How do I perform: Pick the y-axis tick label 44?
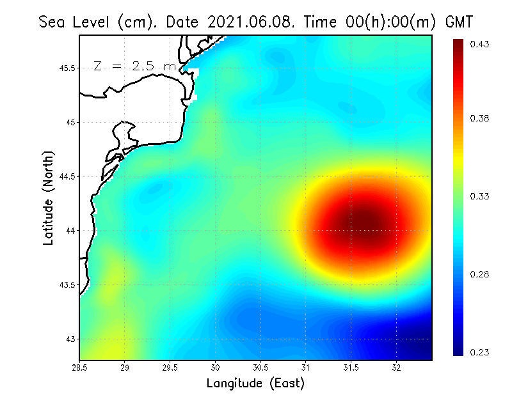(70, 230)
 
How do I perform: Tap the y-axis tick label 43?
(70, 339)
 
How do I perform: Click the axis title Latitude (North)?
(49, 198)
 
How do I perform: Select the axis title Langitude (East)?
(255, 383)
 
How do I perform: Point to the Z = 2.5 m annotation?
(134, 66)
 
